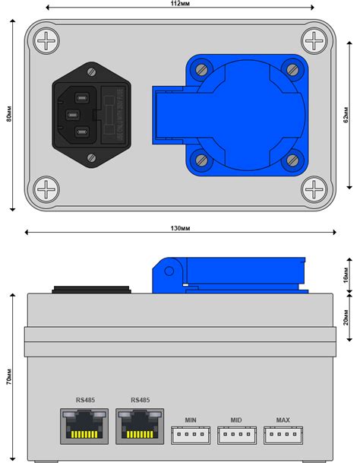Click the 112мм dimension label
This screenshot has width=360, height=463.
[180, 5]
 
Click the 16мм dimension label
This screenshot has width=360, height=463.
[346, 275]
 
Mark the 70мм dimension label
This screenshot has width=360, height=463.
[8, 378]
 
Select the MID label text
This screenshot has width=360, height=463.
[237, 420]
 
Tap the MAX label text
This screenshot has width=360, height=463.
[283, 420]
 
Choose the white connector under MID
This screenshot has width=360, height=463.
[238, 435]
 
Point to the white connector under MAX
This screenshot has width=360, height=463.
[283, 435]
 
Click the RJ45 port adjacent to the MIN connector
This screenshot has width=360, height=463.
[141, 426]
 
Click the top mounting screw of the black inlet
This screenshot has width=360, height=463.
[92, 73]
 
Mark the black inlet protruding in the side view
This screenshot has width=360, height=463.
[90, 290]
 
